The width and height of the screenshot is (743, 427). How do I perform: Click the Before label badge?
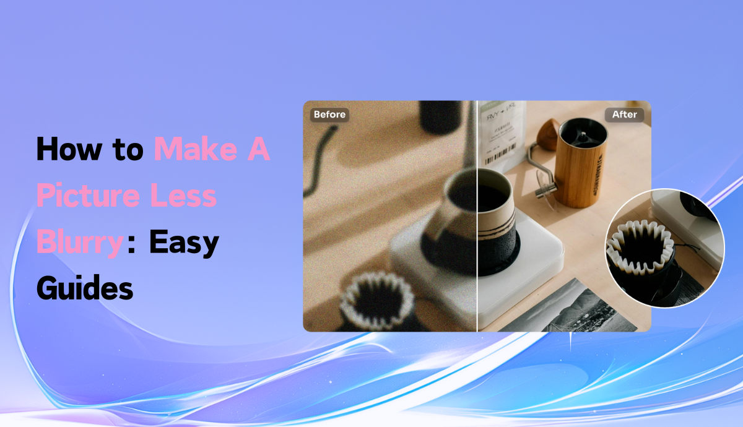pyautogui.click(x=329, y=114)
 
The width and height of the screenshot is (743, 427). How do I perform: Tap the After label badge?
pyautogui.click(x=624, y=114)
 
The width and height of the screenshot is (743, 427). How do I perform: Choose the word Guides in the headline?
pyautogui.click(x=85, y=288)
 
